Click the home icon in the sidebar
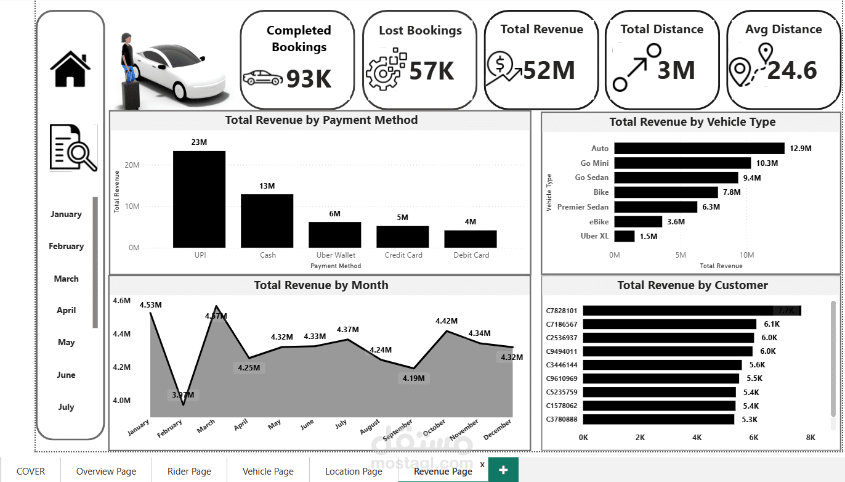click(70, 68)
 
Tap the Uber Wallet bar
click(334, 234)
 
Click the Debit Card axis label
click(471, 255)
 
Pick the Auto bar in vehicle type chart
click(699, 149)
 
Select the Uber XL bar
click(624, 236)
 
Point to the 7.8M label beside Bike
click(731, 192)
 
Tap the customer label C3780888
click(562, 419)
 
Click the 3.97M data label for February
click(183, 395)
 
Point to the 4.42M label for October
click(447, 321)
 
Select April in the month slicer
click(66, 311)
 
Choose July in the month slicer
click(66, 407)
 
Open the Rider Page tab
click(189, 472)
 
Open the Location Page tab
click(354, 472)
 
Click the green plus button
click(503, 470)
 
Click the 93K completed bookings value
click(309, 78)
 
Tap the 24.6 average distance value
click(792, 71)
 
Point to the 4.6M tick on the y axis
click(122, 301)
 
